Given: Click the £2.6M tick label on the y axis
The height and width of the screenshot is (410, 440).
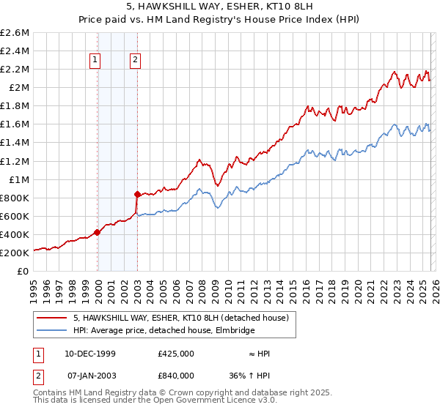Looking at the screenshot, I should pos(15,33).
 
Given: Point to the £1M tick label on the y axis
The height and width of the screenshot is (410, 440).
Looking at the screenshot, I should pos(18,179).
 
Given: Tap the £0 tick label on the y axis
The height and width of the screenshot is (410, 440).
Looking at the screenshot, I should pos(23,271).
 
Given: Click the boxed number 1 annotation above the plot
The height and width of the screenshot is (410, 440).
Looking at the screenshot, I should pos(97,61).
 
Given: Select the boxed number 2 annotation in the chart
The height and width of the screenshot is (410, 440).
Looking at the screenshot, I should pos(136,61).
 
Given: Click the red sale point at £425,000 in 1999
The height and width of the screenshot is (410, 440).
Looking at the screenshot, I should pos(97,232).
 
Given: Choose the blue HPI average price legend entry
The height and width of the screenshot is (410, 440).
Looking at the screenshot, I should pos(164,331).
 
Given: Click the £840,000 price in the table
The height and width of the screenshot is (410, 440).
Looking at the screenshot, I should pos(175,375).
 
